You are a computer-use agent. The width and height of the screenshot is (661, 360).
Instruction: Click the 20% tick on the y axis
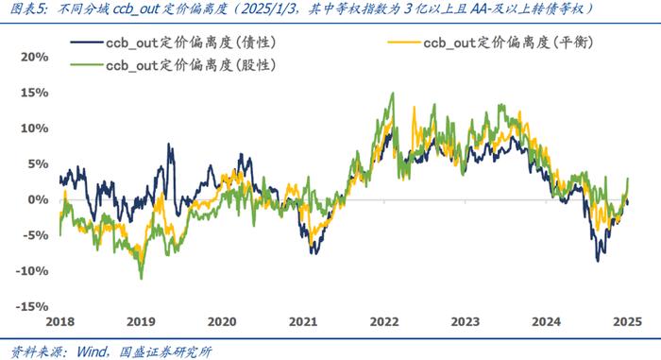click(x=36, y=57)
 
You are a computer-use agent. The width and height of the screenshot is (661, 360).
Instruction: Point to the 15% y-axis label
click(x=36, y=93)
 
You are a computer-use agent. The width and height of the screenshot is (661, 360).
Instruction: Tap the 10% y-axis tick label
click(x=36, y=129)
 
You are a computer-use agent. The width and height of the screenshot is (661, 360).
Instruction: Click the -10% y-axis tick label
click(x=33, y=271)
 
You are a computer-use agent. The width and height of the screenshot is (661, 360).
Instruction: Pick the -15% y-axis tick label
click(x=33, y=307)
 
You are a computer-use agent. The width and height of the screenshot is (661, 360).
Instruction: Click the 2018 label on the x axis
click(x=59, y=321)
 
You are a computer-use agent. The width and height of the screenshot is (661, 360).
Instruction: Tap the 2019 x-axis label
click(x=141, y=321)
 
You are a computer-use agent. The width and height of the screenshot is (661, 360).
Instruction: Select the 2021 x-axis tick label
click(x=304, y=321)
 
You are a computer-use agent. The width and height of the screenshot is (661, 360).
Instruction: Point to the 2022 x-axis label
click(x=385, y=321)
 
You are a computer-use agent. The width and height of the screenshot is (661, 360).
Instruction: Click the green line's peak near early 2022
click(x=392, y=94)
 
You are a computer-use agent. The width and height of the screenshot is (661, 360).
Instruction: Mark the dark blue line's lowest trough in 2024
click(x=597, y=261)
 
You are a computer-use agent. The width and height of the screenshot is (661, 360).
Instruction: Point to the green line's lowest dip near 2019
click(x=141, y=279)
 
